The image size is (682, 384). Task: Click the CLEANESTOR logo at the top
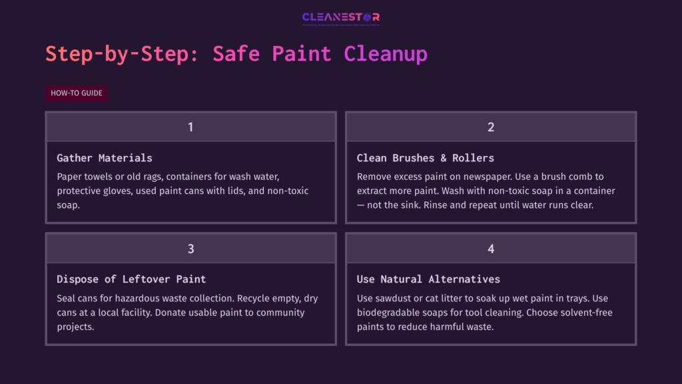[x=340, y=17]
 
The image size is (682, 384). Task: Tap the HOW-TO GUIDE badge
[x=77, y=93]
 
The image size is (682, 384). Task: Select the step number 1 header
[x=190, y=127]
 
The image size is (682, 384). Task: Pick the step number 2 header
[x=491, y=127]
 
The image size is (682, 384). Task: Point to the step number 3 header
[x=190, y=249]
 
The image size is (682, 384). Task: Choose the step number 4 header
[x=491, y=249]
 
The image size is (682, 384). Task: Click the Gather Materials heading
[x=105, y=158]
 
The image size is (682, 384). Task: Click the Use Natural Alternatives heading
[x=428, y=279]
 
